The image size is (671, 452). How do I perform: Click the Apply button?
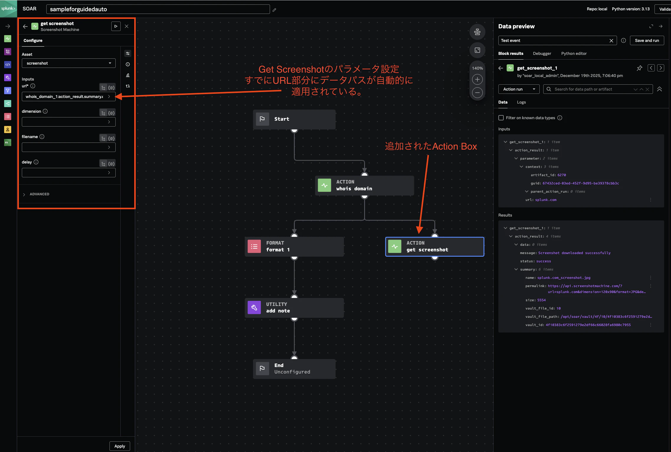pos(120,446)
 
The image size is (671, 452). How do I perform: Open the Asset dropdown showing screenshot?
pos(68,63)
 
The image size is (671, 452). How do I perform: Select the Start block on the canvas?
pos(294,119)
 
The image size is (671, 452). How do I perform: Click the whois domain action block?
pos(364,185)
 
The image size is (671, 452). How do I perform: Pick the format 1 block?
pos(294,246)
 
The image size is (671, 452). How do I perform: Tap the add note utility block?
pos(294,308)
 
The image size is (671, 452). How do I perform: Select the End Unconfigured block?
pos(294,369)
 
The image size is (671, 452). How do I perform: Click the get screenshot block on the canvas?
pos(435,246)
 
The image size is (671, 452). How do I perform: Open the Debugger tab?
pos(542,53)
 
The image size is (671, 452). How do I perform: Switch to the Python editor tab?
pos(574,53)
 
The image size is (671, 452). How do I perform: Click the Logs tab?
pos(521,102)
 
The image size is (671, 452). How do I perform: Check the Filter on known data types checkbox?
pos(501,118)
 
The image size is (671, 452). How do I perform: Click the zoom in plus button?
pos(477,79)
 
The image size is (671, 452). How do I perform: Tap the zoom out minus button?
pos(477,93)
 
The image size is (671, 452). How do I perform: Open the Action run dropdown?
pos(519,89)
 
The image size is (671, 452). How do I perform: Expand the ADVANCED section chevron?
pos(24,194)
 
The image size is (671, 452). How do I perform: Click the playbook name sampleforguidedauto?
pos(78,9)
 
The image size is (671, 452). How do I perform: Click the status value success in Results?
pos(543,261)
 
